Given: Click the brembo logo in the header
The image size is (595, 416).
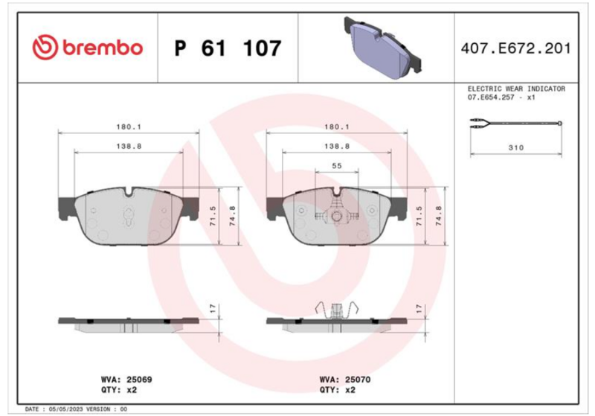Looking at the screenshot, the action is click(88, 48).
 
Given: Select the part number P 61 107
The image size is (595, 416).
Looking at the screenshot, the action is click(228, 48).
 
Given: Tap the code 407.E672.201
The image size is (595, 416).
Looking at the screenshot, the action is click(515, 48).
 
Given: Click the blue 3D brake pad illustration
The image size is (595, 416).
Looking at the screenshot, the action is click(382, 47).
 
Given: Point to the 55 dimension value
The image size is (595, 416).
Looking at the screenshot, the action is click(337, 166).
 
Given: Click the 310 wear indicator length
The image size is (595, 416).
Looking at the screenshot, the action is click(515, 147).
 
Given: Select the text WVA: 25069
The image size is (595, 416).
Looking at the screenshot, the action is click(126, 380).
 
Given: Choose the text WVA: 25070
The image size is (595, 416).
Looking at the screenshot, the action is click(345, 380).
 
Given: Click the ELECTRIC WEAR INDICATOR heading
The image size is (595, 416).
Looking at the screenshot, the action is click(516, 89).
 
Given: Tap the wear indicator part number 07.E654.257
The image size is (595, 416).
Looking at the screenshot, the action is click(491, 97).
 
